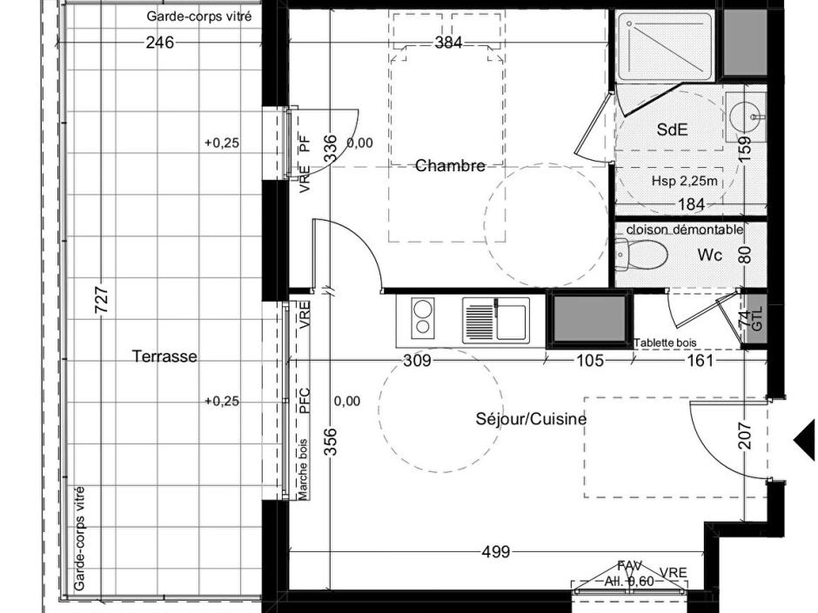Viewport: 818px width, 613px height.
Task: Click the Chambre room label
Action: click(x=450, y=165)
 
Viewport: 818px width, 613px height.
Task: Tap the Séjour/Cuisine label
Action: click(x=531, y=419)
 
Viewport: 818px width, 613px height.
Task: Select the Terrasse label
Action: click(x=164, y=356)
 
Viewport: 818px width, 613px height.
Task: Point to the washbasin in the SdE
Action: click(x=744, y=113)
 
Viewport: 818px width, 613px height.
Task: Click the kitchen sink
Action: click(x=495, y=319)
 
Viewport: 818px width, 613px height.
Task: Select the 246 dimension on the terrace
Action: click(x=159, y=42)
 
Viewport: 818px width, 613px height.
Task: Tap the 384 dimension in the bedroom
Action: click(x=447, y=43)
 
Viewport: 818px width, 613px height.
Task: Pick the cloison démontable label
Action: click(x=684, y=230)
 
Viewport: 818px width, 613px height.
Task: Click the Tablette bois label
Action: click(x=666, y=343)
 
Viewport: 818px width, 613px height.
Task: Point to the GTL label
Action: click(x=756, y=320)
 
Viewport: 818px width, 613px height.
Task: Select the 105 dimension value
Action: click(x=589, y=360)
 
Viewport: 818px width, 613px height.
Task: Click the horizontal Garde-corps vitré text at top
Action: click(x=203, y=16)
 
